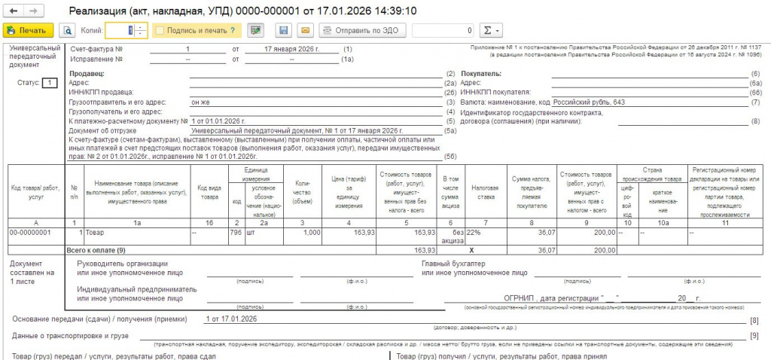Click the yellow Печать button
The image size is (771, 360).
click(x=28, y=31)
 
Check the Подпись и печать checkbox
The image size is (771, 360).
click(x=160, y=31)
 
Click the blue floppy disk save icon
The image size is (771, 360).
click(x=284, y=31)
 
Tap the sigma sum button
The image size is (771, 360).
click(x=489, y=31)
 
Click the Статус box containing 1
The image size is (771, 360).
click(x=49, y=83)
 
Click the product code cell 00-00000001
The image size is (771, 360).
click(x=30, y=233)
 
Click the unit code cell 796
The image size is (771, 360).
click(x=236, y=233)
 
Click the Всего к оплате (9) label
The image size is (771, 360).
click(x=97, y=249)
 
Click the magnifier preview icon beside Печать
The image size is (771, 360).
click(x=67, y=31)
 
